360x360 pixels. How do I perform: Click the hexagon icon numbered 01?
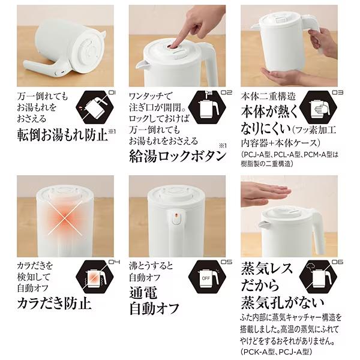(x=95, y=107)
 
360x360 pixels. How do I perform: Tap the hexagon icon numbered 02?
(x=207, y=107)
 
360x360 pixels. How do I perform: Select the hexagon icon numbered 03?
(x=319, y=107)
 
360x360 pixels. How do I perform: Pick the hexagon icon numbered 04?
(x=95, y=277)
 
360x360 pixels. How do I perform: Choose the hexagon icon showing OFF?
(x=207, y=277)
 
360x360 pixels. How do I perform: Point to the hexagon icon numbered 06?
(x=319, y=277)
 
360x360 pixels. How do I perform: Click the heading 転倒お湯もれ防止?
(x=62, y=135)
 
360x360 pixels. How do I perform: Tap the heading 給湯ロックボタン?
(x=178, y=157)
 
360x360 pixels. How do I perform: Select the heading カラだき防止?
(x=54, y=304)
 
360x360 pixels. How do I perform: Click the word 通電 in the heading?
(x=143, y=293)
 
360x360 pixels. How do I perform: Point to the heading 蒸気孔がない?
(x=283, y=303)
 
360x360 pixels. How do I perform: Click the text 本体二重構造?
(x=268, y=97)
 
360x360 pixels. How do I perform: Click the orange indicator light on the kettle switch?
(x=176, y=216)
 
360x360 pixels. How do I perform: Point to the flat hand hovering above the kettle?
(x=266, y=194)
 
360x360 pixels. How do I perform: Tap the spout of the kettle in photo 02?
(x=141, y=65)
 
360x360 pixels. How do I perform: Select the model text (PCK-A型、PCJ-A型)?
(x=276, y=352)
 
